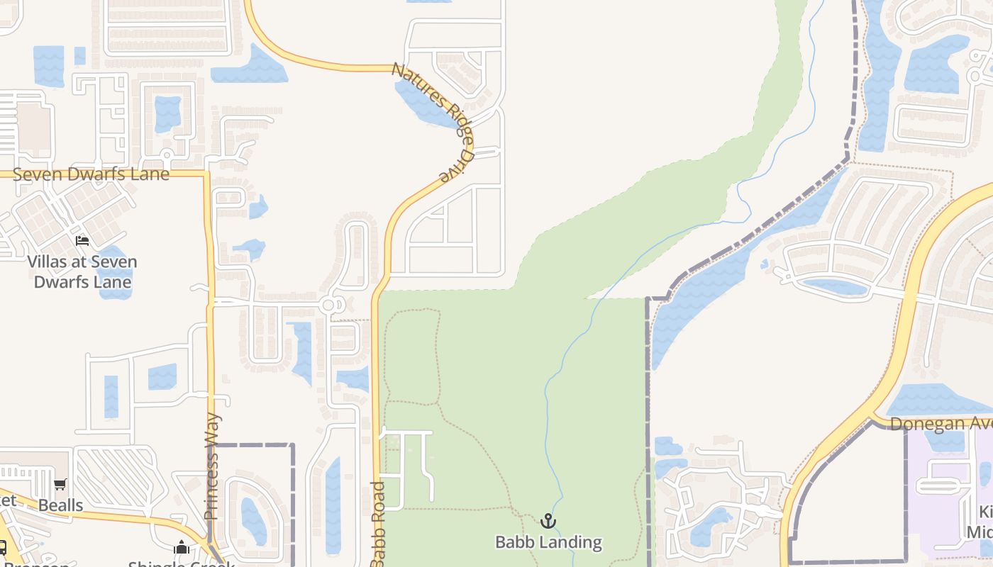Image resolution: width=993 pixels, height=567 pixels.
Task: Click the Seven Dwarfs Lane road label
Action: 91,174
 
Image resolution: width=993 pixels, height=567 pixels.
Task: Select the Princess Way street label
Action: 212,466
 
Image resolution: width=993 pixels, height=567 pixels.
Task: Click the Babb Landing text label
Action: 548,542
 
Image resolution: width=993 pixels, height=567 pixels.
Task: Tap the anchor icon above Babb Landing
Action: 548,522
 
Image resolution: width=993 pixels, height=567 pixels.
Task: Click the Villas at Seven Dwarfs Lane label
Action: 82,271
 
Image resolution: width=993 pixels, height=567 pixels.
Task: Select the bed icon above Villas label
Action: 82,241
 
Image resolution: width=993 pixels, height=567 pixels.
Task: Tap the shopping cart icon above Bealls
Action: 60,485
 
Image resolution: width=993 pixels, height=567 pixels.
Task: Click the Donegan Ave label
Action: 941,423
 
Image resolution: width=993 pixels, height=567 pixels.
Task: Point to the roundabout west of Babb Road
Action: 328,305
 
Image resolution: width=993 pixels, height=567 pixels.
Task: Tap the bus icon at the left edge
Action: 2,547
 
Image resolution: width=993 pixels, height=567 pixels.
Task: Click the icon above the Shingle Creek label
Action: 182,547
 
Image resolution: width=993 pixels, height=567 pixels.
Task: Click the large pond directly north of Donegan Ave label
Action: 936,400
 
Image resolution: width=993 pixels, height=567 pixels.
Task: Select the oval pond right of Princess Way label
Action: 253,521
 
